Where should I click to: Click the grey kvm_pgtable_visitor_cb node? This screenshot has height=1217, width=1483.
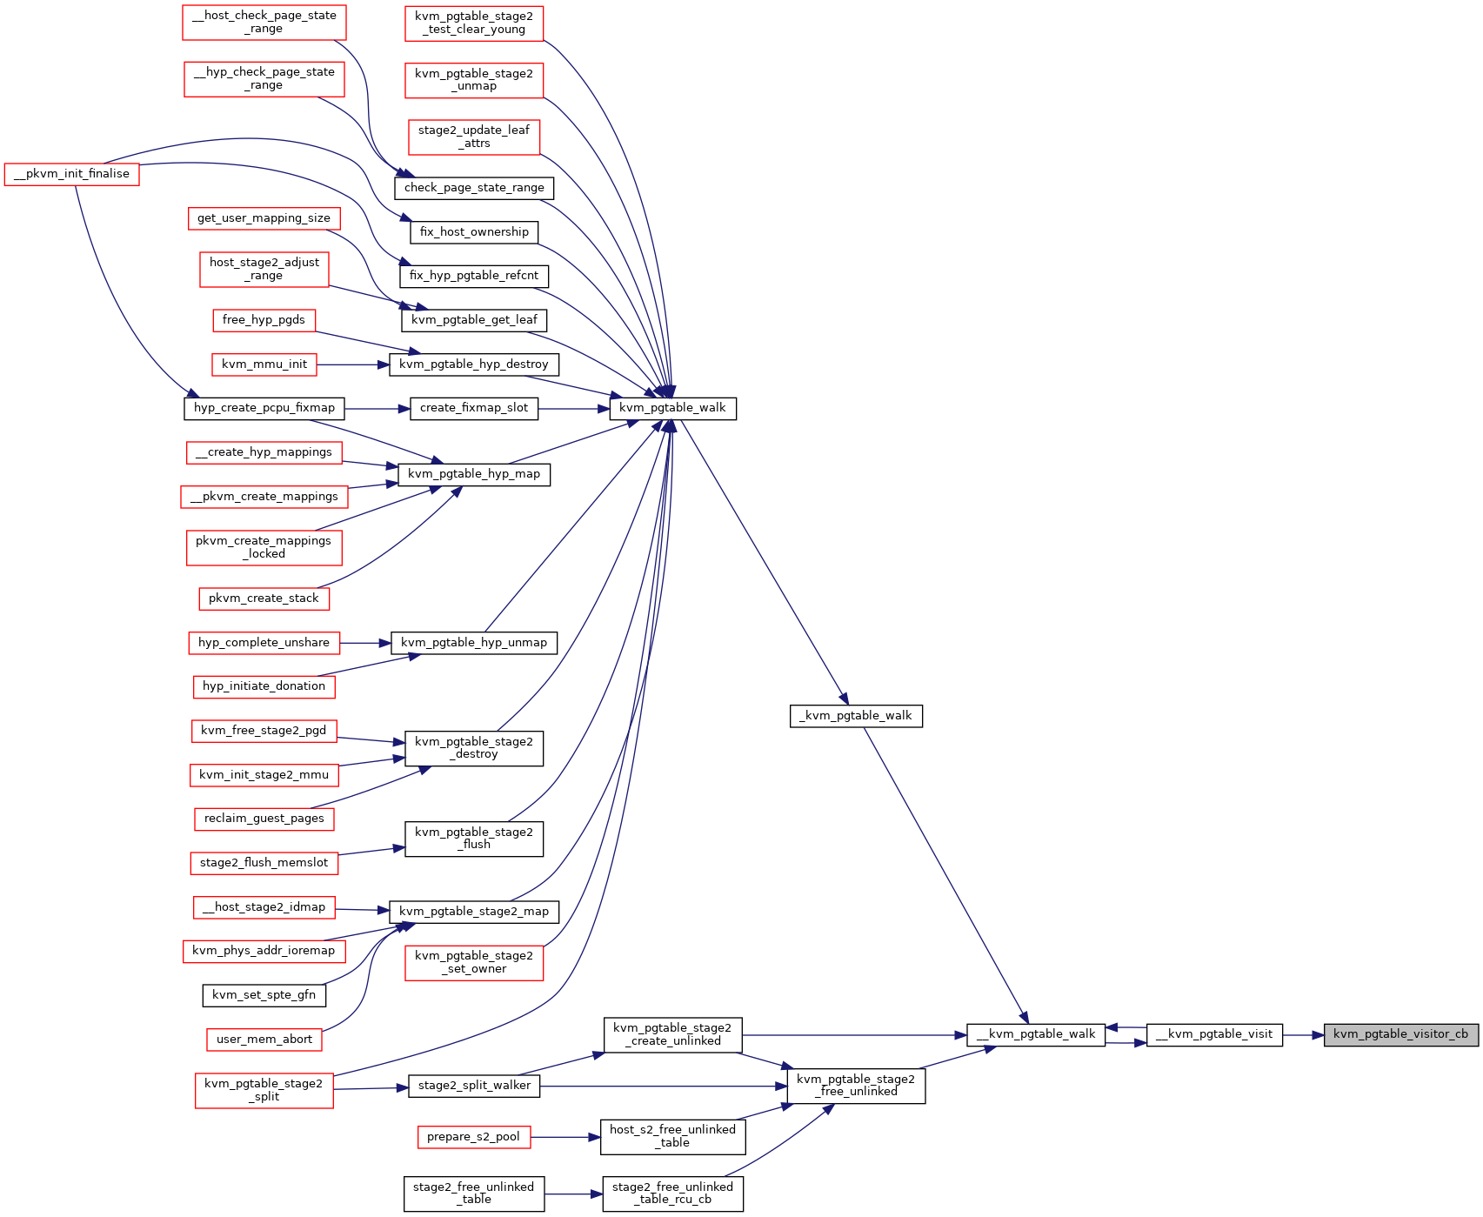pyautogui.click(x=1400, y=1034)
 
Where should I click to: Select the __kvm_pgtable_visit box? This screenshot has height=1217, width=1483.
pyautogui.click(x=1214, y=1034)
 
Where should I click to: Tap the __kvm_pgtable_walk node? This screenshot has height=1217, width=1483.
pyautogui.click(x=1036, y=1034)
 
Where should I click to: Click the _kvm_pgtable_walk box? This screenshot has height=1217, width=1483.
pyautogui.click(x=856, y=716)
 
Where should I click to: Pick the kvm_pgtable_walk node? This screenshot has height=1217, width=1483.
pyautogui.click(x=672, y=408)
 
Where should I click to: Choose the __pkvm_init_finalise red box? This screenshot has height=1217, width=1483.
pyautogui.click(x=71, y=174)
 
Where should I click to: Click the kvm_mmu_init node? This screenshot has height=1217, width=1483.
pyautogui.click(x=264, y=364)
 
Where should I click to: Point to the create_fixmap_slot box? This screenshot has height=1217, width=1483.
pyautogui.click(x=474, y=408)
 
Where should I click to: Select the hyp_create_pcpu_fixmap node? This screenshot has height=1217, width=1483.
pyautogui.click(x=264, y=408)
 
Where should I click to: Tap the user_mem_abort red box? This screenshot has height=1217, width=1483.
pyautogui.click(x=264, y=1040)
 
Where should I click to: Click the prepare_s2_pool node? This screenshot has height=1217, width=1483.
pyautogui.click(x=473, y=1137)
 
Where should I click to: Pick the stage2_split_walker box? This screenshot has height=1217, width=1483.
pyautogui.click(x=474, y=1086)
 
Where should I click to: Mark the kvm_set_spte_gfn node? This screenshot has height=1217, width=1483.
pyautogui.click(x=264, y=995)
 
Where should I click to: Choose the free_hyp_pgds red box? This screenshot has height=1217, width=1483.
pyautogui.click(x=264, y=320)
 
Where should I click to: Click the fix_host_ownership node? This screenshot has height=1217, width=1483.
pyautogui.click(x=474, y=232)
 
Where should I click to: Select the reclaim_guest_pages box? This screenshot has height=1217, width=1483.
pyautogui.click(x=264, y=819)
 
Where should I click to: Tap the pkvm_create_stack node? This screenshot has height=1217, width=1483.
pyautogui.click(x=264, y=598)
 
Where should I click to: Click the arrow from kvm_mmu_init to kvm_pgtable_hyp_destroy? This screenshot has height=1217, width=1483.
pyautogui.click(x=352, y=364)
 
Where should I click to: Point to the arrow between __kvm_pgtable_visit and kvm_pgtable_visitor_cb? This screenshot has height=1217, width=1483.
pyautogui.click(x=1303, y=1035)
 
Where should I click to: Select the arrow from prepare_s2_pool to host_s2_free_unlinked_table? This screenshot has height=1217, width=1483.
pyautogui.click(x=564, y=1137)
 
